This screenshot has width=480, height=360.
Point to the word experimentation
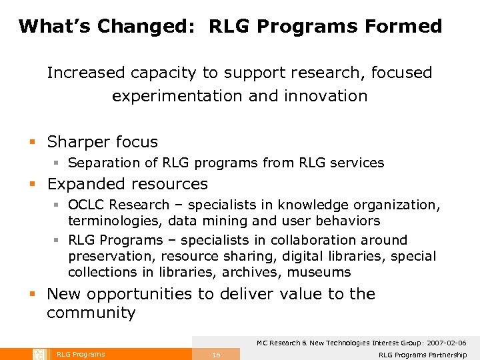pos(178,96)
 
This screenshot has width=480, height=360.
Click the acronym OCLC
pos(86,205)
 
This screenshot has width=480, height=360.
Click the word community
pos(91,313)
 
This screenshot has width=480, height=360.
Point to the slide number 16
pos(216,355)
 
